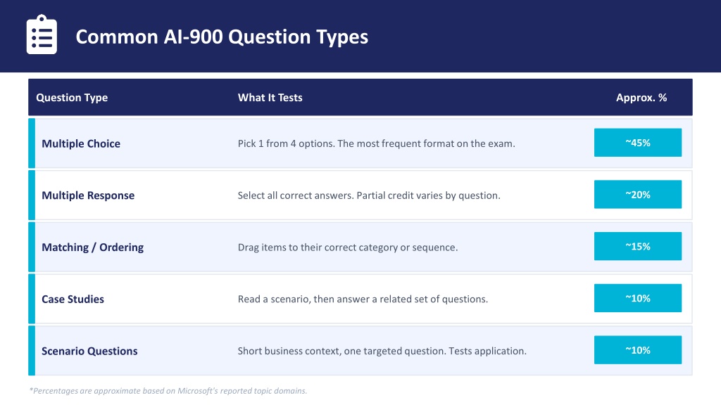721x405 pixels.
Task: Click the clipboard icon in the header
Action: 42,35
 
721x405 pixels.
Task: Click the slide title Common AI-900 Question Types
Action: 222,37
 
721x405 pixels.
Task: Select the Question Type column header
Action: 72,97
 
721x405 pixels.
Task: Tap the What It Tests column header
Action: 270,97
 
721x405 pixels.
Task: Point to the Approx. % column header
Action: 641,97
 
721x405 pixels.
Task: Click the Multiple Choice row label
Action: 81,143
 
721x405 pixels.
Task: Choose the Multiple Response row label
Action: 88,195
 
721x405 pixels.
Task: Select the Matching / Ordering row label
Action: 92,247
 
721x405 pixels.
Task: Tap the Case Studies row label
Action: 73,300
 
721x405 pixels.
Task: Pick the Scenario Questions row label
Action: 89,352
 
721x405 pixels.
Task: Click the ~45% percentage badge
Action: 638,142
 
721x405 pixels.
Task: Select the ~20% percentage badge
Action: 638,194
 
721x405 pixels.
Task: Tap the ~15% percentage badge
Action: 638,246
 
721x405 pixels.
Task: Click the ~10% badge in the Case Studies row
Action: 638,298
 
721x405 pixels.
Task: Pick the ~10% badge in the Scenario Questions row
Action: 638,350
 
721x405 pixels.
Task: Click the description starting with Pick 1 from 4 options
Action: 376,143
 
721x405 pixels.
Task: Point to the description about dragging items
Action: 348,247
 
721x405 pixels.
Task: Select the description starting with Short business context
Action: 382,352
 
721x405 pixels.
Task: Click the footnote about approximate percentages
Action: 168,391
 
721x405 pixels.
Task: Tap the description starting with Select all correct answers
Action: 369,195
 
